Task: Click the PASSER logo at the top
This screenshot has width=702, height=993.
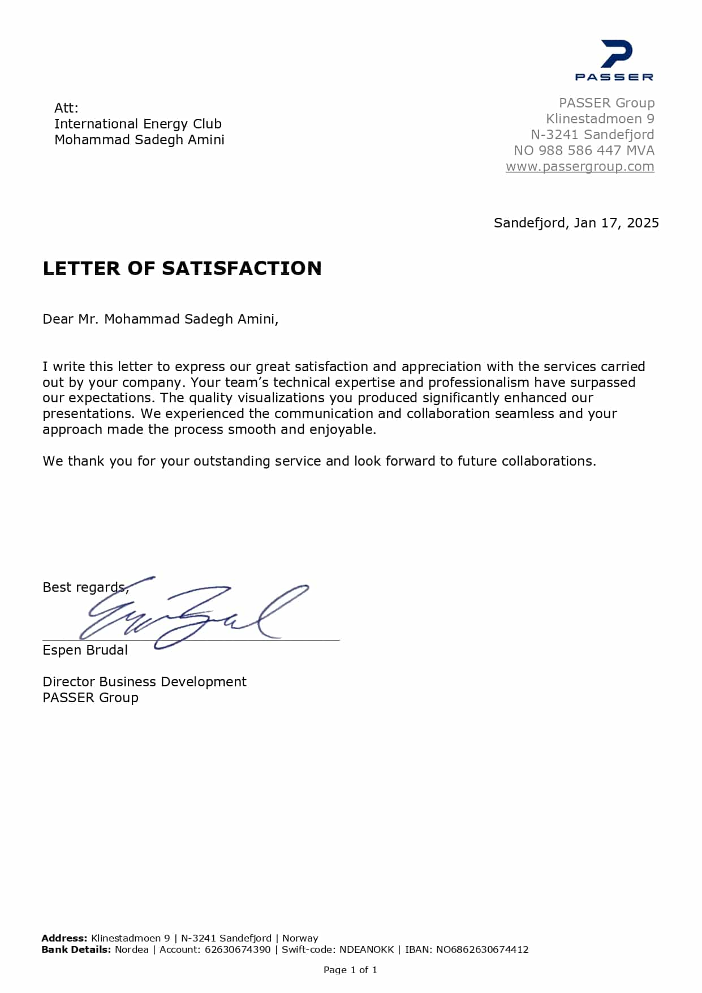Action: coord(614,60)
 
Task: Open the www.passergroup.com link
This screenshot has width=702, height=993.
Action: coord(580,166)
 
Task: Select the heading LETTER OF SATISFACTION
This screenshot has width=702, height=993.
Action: coord(182,268)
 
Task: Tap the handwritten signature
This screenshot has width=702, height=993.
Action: coord(192,614)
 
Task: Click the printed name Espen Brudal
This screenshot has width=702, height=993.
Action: coord(85,650)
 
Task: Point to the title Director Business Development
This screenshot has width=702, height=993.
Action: coord(144,682)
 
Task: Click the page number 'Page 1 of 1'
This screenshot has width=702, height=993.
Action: coord(350,970)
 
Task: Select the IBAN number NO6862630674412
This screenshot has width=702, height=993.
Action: coord(482,949)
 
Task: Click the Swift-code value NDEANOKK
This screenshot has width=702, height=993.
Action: coord(367,949)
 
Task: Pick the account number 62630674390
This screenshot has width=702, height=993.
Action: coord(238,949)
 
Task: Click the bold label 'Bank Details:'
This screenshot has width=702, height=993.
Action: coord(76,949)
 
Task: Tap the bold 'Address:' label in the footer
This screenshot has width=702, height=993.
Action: coord(64,938)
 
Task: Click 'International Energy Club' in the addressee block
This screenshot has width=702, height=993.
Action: coord(138,124)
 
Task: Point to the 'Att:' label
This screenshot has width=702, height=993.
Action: coord(66,108)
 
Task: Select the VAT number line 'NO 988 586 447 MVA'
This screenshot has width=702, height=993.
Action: coord(584,151)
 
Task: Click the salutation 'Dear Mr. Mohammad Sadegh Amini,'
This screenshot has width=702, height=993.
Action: coord(161,319)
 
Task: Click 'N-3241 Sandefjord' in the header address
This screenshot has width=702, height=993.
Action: coord(592,135)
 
